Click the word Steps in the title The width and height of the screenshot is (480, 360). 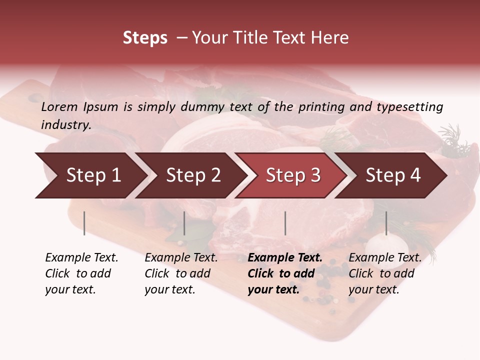point(145,38)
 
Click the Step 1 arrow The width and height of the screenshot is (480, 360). point(93,175)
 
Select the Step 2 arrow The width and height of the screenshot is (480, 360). point(193,175)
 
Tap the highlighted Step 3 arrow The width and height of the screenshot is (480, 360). point(293,175)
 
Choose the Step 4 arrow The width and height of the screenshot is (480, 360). point(393,175)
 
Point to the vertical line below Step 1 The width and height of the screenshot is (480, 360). point(84,223)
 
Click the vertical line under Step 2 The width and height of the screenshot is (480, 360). point(184,223)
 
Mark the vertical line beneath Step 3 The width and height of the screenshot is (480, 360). point(285,223)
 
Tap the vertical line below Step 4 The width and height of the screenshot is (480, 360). point(386,223)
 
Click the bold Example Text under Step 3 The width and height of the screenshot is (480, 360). point(285,258)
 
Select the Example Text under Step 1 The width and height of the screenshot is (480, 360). point(81,258)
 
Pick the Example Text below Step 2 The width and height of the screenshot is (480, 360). point(181,258)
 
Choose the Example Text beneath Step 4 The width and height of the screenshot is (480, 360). point(385,258)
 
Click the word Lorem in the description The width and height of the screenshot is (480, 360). point(59,107)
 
